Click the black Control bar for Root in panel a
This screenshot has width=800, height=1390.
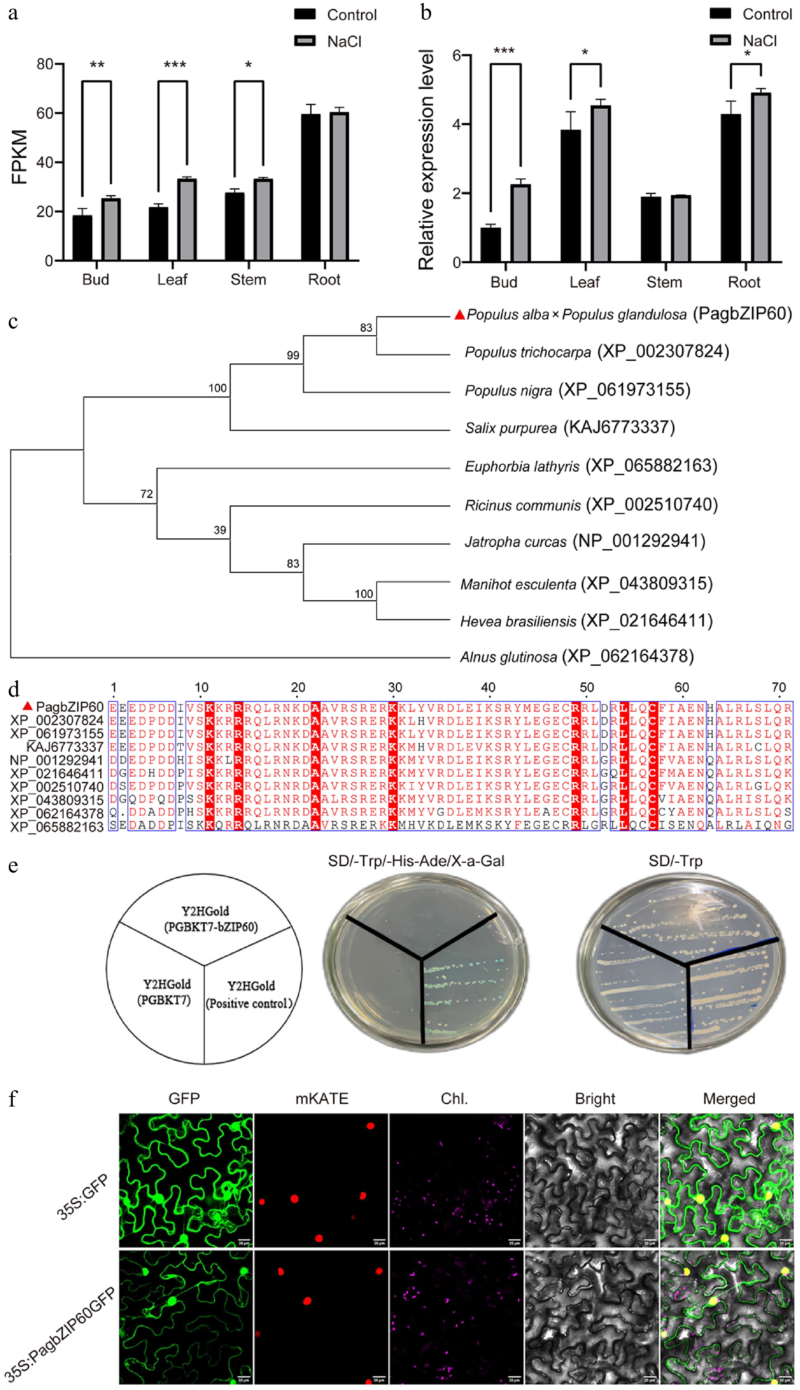(x=311, y=187)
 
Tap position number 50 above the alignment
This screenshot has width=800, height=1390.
(x=586, y=688)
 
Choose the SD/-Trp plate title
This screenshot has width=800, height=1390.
(x=675, y=861)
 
